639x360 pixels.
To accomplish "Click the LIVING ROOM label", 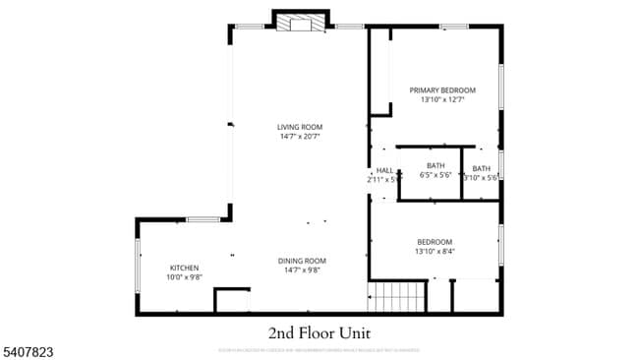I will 299,127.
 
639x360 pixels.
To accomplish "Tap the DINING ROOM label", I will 303,260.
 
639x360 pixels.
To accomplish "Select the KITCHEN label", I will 185,268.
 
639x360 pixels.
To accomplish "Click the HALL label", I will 384,170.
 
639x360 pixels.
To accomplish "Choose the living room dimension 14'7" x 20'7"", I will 299,137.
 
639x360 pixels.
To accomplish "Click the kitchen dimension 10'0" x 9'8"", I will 185,277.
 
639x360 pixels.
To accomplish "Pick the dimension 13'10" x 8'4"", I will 435,251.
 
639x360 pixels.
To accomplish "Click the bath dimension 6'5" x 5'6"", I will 436,176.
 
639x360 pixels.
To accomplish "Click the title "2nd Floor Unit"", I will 319,331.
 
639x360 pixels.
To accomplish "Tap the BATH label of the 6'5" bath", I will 436,165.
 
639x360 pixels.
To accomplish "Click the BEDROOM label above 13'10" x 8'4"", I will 435,242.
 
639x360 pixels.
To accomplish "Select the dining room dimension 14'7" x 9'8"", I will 303,270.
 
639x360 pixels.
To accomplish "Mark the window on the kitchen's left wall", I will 138,263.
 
